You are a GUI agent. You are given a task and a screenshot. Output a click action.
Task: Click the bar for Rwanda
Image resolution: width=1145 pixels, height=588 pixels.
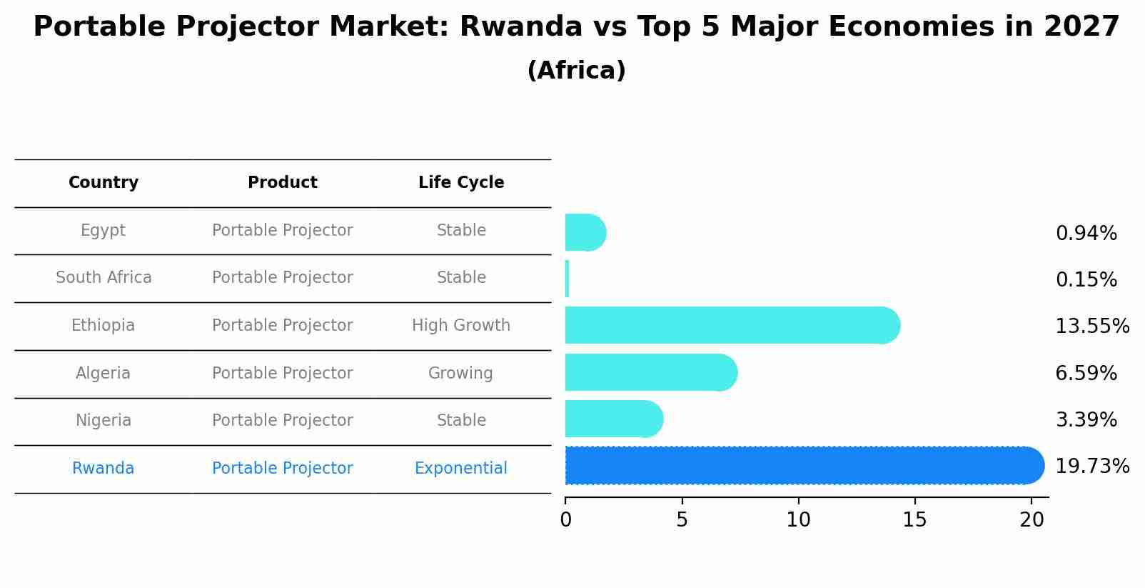pyautogui.click(x=803, y=466)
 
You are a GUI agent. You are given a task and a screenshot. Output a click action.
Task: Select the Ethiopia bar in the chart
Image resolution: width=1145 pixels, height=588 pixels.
pyautogui.click(x=732, y=326)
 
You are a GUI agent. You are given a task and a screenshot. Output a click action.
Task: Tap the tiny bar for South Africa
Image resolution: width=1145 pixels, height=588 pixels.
pyautogui.click(x=568, y=279)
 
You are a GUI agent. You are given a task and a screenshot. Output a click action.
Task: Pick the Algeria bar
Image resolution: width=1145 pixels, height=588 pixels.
pyautogui.click(x=650, y=372)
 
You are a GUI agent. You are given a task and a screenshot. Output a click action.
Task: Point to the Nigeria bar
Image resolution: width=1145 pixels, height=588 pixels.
pyautogui.click(x=613, y=419)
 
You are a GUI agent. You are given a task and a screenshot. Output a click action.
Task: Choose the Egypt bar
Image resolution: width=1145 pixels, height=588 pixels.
pyautogui.click(x=585, y=233)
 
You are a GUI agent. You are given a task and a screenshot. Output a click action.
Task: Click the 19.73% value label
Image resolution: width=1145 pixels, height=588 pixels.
pyautogui.click(x=1092, y=467)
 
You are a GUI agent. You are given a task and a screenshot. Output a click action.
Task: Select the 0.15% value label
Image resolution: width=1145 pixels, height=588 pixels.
pyautogui.click(x=1086, y=280)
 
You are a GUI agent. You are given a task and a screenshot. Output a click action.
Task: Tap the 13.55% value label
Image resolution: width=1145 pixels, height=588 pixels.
pyautogui.click(x=1092, y=327)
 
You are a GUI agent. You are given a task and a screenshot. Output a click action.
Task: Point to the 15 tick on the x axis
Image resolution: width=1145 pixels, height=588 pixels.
pyautogui.click(x=914, y=520)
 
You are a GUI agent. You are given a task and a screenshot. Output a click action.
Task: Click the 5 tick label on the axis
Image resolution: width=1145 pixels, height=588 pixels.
pyautogui.click(x=682, y=520)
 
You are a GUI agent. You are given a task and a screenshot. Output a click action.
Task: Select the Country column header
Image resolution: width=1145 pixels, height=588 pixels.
pyautogui.click(x=104, y=183)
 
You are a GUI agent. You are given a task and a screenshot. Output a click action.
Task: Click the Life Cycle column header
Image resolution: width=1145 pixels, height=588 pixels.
pyautogui.click(x=461, y=183)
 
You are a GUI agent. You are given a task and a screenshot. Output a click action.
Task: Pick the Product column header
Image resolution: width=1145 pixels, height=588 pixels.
pyautogui.click(x=283, y=183)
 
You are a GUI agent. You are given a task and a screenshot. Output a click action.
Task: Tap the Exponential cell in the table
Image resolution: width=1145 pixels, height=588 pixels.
pyautogui.click(x=461, y=469)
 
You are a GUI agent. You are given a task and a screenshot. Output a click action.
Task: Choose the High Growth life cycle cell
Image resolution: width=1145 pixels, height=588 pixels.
pyautogui.click(x=461, y=326)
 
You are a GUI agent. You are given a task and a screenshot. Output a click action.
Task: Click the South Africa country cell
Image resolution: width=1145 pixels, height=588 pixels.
pyautogui.click(x=104, y=278)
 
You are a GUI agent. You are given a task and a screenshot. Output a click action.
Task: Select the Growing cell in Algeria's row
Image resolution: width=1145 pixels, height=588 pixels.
pyautogui.click(x=460, y=374)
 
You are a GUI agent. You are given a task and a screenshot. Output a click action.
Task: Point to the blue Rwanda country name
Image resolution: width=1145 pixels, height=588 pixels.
pyautogui.click(x=104, y=469)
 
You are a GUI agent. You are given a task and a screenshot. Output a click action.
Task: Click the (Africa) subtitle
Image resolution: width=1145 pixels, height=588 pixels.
pyautogui.click(x=576, y=71)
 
